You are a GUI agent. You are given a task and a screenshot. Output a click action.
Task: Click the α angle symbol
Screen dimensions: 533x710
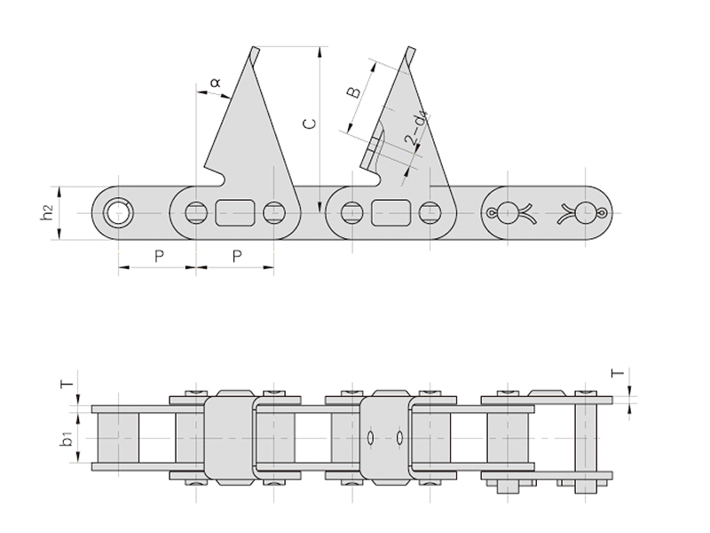click(215, 83)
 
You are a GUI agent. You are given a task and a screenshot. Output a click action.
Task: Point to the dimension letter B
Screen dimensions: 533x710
click(352, 92)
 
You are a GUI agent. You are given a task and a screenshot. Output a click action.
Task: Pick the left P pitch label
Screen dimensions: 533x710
click(158, 256)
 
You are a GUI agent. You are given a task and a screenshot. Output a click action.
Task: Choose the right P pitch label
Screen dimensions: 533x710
click(235, 256)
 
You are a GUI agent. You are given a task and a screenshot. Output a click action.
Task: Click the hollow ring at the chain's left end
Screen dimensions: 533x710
click(116, 213)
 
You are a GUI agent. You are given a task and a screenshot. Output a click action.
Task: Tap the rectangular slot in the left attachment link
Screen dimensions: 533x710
click(234, 213)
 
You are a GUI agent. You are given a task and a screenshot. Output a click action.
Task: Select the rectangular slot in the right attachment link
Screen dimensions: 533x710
click(390, 213)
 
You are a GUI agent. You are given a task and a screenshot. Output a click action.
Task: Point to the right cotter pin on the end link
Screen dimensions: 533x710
click(582, 212)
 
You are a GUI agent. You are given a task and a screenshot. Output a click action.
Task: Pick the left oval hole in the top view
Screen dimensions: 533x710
click(370, 437)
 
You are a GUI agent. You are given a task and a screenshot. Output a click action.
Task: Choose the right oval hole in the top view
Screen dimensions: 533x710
click(401, 437)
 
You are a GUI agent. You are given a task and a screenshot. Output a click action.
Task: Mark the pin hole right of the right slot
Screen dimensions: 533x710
click(430, 213)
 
